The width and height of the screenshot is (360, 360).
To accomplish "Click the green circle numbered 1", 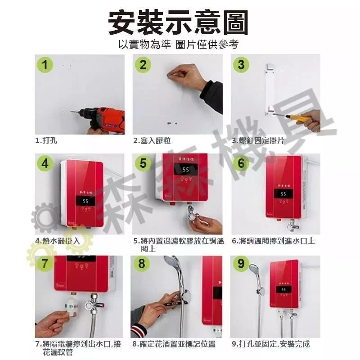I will (45, 65).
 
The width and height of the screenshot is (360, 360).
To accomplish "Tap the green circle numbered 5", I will (144, 163).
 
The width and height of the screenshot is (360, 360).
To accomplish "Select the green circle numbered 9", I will (241, 264).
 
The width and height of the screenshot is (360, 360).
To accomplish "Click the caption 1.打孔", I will (47, 140).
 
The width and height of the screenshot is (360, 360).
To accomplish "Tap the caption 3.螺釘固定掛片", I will (258, 140).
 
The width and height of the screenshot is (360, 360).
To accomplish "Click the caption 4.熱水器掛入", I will (58, 241).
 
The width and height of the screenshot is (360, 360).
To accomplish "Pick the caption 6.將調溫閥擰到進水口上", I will (273, 241).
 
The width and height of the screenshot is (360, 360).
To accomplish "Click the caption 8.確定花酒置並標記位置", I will (174, 344).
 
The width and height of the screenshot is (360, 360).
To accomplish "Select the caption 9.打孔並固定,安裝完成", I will (271, 344).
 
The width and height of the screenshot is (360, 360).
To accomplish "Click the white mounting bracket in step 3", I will (269, 90).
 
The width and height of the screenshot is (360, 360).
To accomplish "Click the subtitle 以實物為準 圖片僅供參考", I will (179, 45).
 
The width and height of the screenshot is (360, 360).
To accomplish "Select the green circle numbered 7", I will (45, 264).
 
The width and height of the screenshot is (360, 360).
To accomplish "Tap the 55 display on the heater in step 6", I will (283, 194).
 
